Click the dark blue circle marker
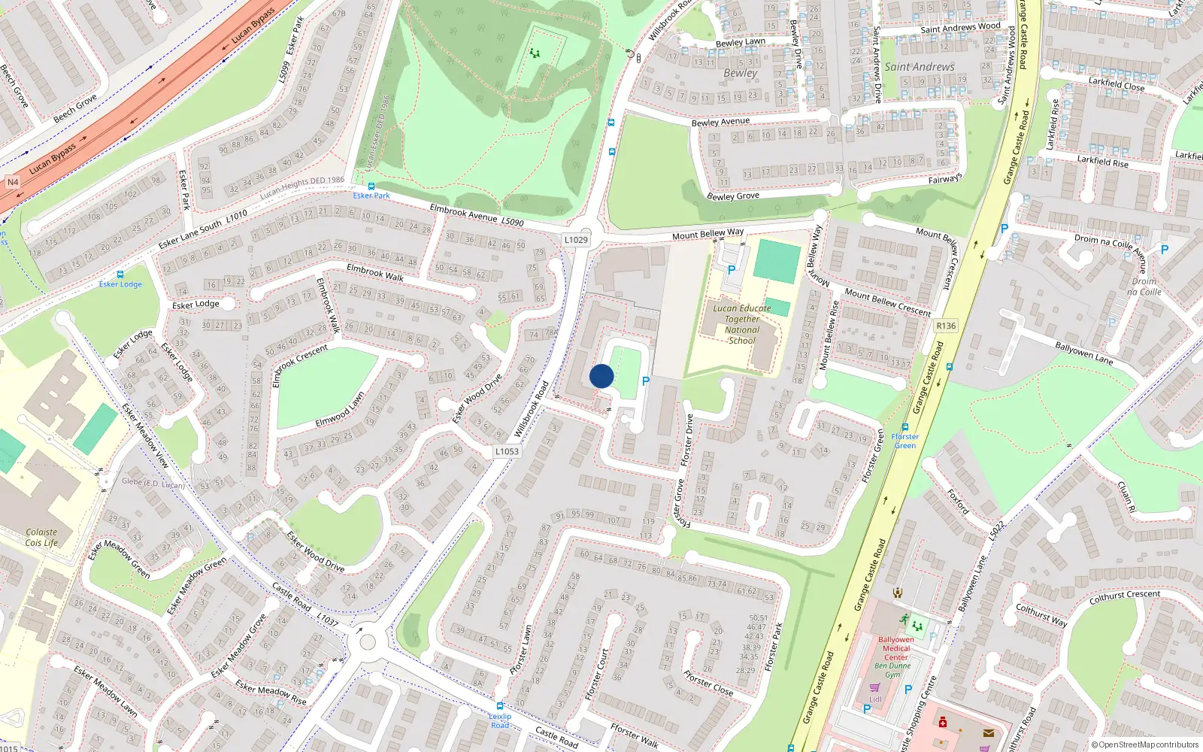click(601, 376)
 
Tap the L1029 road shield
click(576, 240)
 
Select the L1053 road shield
click(507, 451)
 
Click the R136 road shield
click(946, 326)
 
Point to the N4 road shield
click(13, 183)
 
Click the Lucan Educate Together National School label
click(741, 324)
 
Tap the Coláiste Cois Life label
click(41, 537)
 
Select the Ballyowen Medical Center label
click(896, 648)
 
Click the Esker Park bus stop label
click(371, 196)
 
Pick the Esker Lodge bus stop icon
click(120, 274)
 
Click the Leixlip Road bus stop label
click(500, 720)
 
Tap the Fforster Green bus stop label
click(905, 441)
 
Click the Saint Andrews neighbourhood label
click(919, 67)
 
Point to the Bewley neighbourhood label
click(741, 73)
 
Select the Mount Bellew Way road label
click(708, 235)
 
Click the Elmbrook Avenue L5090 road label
click(477, 215)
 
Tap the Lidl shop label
click(875, 699)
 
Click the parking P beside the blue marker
click(645, 381)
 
